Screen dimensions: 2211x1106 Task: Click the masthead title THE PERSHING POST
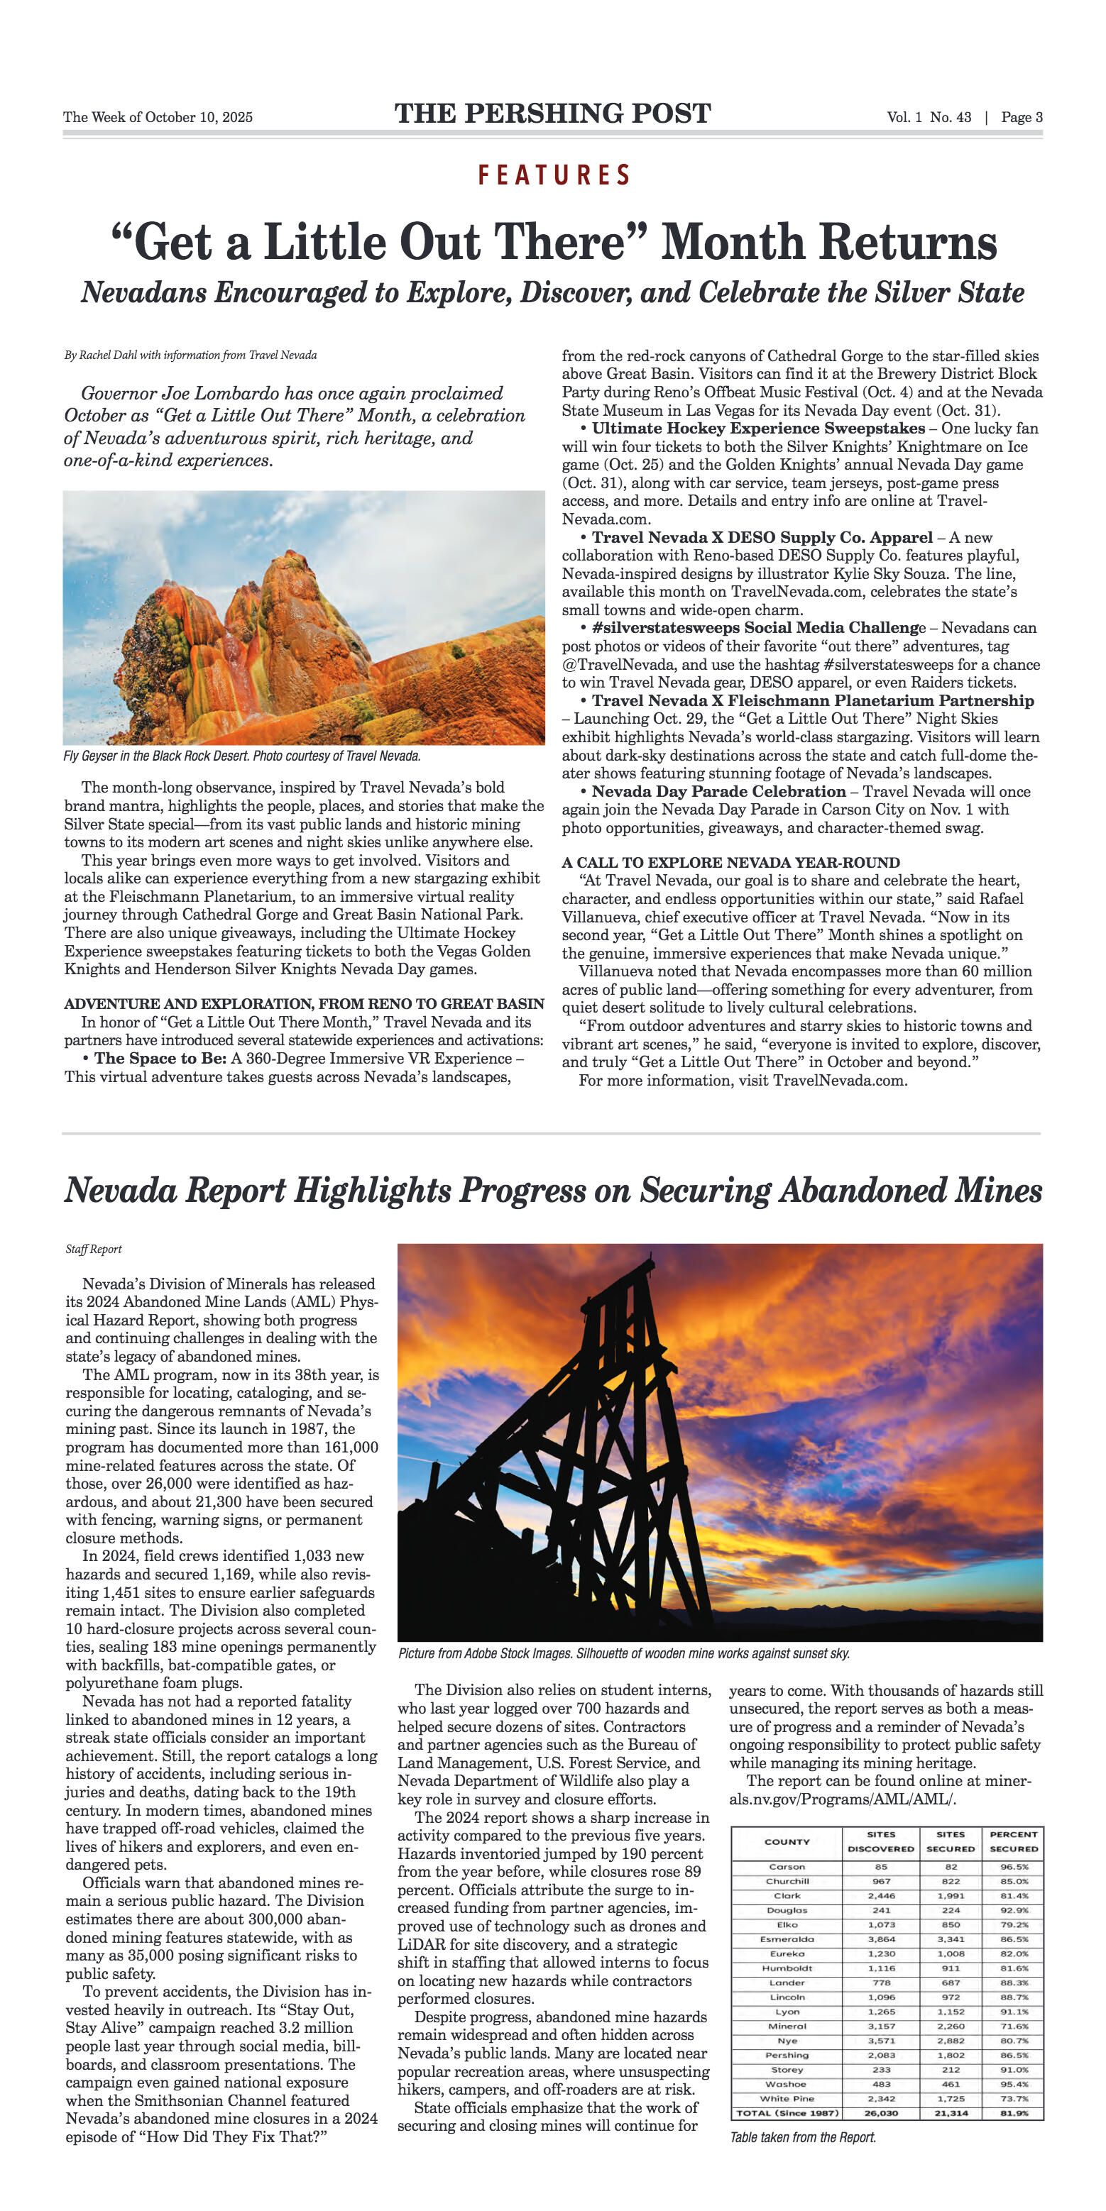552,114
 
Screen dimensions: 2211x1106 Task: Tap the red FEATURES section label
554,175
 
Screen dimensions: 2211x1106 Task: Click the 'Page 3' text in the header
1021,118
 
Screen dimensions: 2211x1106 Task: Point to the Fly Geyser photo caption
241,756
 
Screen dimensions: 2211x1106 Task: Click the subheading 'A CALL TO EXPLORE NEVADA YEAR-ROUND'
730,863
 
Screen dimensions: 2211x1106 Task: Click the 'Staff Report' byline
94,1249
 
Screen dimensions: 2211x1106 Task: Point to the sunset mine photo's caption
623,1653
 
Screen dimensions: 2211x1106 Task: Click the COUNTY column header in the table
787,1842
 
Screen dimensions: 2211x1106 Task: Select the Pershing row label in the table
787,2055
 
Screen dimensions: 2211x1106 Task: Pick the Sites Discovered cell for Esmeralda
881,1939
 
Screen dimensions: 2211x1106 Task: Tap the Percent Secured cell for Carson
1013,1867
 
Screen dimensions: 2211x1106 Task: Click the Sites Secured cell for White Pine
951,2099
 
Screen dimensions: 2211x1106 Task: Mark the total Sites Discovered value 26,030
881,2113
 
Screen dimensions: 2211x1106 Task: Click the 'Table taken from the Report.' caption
803,2137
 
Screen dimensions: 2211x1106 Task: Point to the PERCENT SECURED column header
1013,1842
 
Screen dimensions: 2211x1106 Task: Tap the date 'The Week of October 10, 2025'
158,118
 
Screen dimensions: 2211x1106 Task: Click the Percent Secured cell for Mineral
1013,2027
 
